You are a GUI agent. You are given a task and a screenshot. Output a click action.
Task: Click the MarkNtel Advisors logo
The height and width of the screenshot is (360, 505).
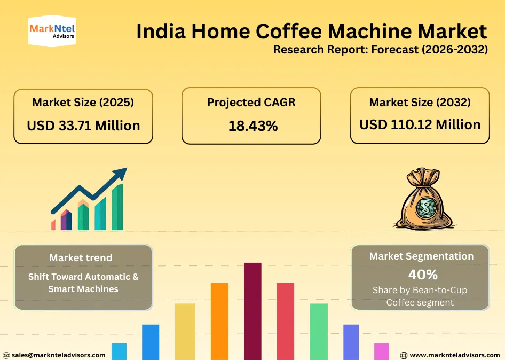click(52, 31)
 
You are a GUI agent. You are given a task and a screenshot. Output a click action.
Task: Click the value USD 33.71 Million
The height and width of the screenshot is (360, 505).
click(83, 126)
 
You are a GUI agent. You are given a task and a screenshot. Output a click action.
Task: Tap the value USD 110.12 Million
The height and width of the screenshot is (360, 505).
click(420, 124)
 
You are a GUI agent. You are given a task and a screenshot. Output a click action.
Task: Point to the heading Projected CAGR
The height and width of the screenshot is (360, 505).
click(251, 103)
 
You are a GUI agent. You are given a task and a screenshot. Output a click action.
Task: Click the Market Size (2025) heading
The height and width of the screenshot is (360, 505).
click(83, 102)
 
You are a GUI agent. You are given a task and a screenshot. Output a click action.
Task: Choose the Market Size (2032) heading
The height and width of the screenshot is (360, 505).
click(420, 101)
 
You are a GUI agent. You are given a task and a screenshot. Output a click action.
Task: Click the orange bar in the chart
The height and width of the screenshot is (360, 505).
click(219, 321)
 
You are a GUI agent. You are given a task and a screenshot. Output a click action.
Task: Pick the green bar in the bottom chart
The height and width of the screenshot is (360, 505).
click(319, 331)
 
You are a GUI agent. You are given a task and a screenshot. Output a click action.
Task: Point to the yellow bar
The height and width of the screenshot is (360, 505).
click(185, 331)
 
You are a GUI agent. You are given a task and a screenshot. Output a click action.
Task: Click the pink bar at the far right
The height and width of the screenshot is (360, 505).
click(382, 351)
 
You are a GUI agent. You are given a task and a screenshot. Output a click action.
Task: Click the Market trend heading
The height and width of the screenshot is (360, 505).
click(81, 257)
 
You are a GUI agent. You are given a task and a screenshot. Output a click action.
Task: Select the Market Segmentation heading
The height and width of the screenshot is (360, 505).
click(421, 256)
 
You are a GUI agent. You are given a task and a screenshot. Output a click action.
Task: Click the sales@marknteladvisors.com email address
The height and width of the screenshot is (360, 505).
click(59, 355)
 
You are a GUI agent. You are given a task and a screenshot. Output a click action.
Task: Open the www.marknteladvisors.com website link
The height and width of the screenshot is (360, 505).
click(455, 355)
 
